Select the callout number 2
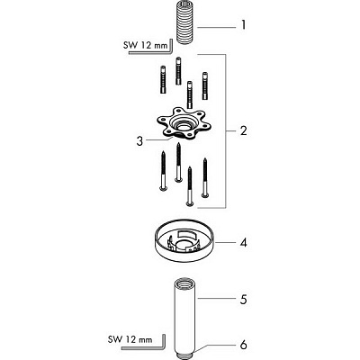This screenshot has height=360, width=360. point(243,130)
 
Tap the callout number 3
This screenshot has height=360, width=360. point(139,141)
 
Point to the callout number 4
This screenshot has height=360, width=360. point(244,242)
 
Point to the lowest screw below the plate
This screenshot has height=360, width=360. point(188,186)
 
